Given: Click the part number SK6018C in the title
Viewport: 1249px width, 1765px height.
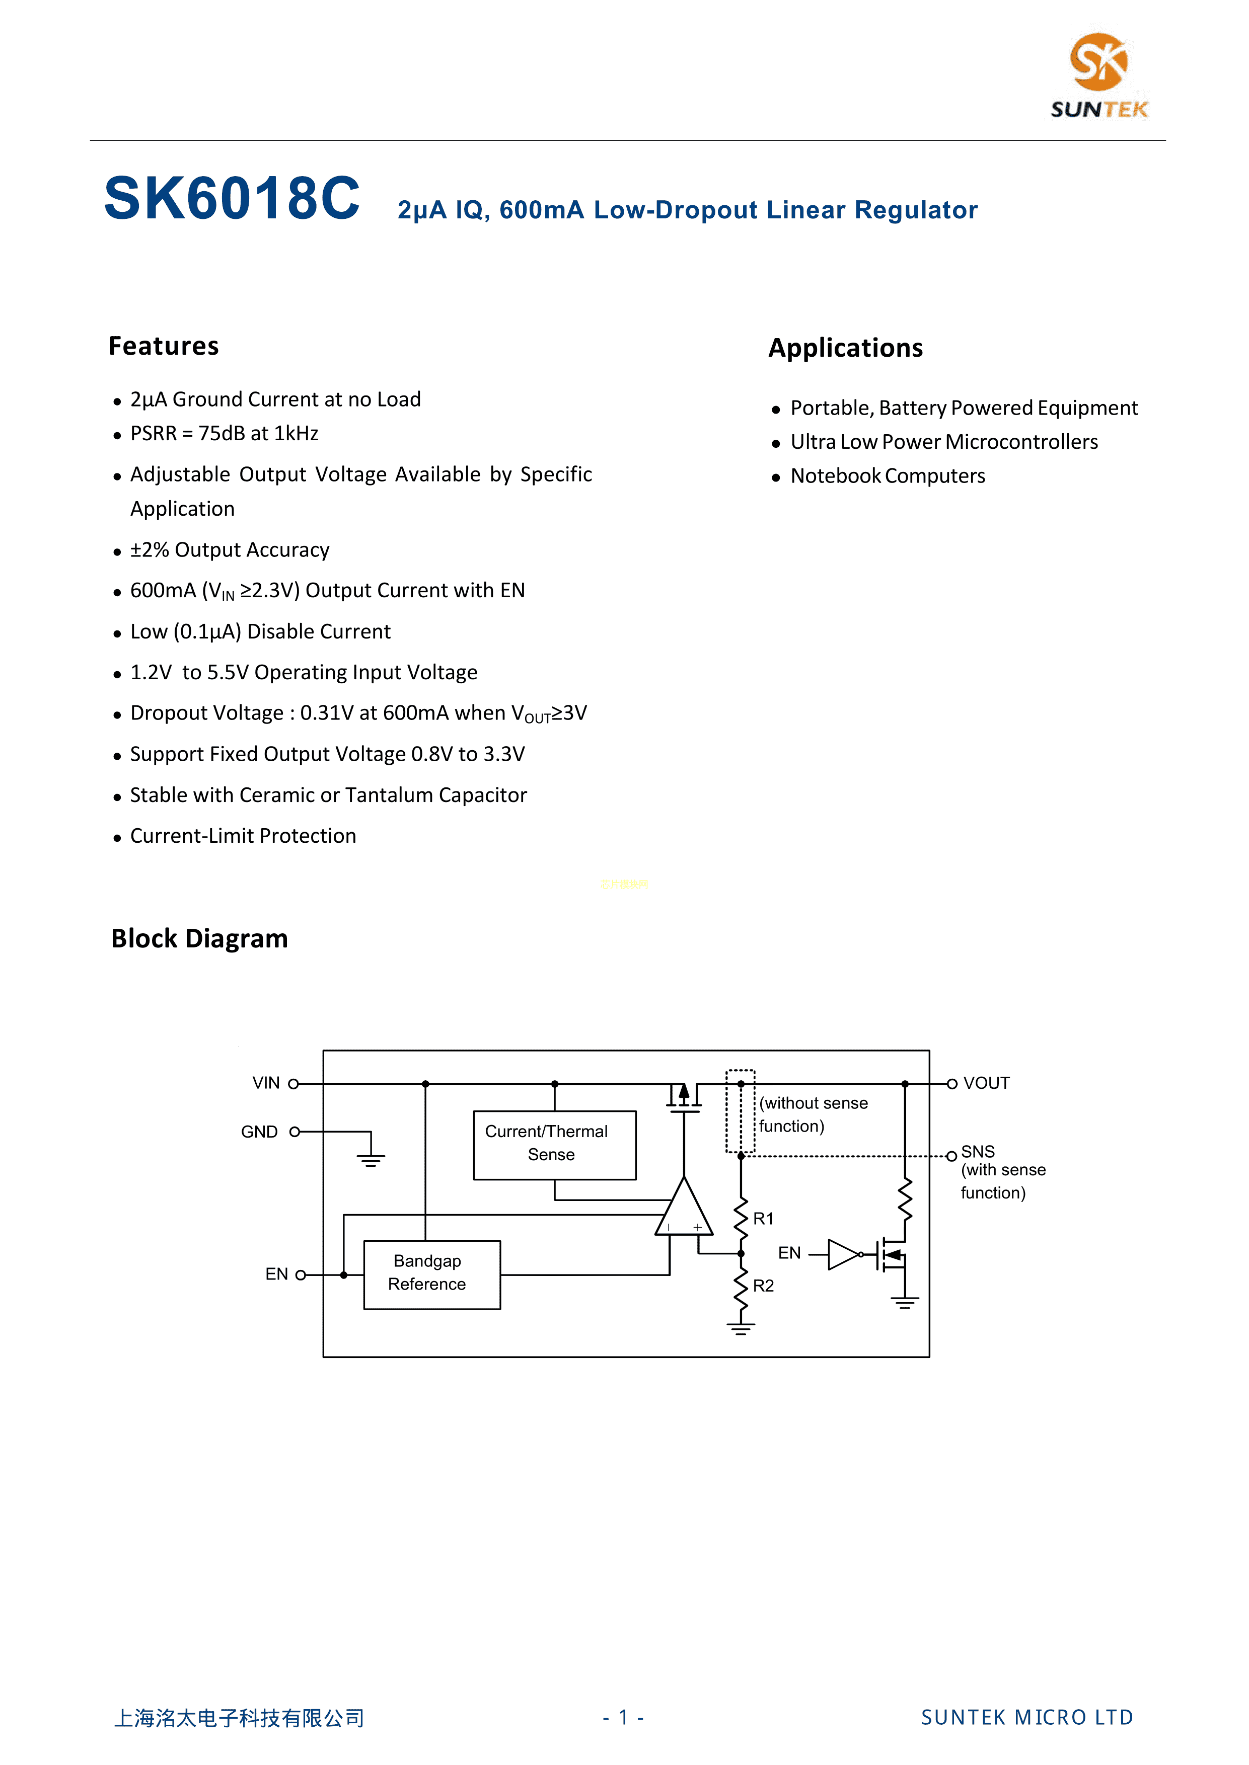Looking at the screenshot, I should pyautogui.click(x=232, y=198).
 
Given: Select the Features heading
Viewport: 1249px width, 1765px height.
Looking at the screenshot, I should pyautogui.click(x=163, y=346).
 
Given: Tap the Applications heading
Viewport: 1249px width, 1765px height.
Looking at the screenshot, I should pyautogui.click(x=845, y=348).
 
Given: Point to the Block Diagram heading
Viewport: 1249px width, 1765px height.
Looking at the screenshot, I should pyautogui.click(x=199, y=939).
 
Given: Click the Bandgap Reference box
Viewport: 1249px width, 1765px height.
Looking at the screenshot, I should pyautogui.click(x=431, y=1274).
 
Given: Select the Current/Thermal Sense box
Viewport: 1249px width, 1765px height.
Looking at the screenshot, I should pyautogui.click(x=554, y=1144).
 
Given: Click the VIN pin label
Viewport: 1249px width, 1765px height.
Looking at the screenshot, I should pyautogui.click(x=266, y=1083).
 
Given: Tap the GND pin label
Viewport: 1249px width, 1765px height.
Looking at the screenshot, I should pyautogui.click(x=259, y=1132).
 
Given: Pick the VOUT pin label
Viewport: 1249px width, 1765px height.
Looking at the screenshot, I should pyautogui.click(x=986, y=1083).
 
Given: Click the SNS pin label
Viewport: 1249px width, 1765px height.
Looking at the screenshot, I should pyautogui.click(x=978, y=1152).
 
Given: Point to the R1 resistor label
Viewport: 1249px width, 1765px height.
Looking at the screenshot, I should pyautogui.click(x=763, y=1219).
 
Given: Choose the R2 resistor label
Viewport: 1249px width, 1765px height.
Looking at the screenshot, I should pyautogui.click(x=763, y=1286).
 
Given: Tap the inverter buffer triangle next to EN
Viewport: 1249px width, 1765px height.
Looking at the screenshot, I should pyautogui.click(x=843, y=1254).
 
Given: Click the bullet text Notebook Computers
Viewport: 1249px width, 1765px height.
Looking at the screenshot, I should pyautogui.click(x=888, y=476).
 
